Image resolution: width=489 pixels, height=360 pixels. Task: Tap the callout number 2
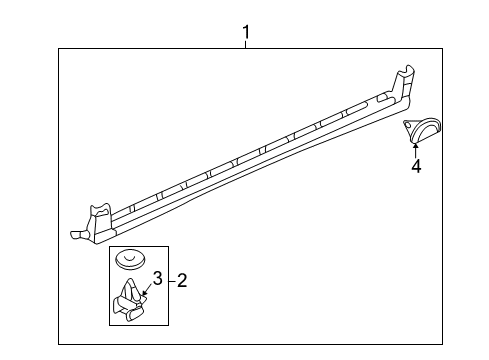coord(181,281)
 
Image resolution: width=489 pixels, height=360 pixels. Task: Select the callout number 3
coord(157,277)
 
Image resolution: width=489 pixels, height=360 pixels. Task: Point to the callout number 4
coord(415,166)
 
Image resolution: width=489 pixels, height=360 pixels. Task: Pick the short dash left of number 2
coord(171,281)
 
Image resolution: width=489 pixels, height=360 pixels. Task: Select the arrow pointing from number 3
coord(146,289)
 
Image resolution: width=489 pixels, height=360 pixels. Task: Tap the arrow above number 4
coord(415,149)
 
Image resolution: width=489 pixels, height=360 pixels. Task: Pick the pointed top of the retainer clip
coord(129,284)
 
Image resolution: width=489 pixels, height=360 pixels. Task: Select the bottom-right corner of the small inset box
coord(169,326)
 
